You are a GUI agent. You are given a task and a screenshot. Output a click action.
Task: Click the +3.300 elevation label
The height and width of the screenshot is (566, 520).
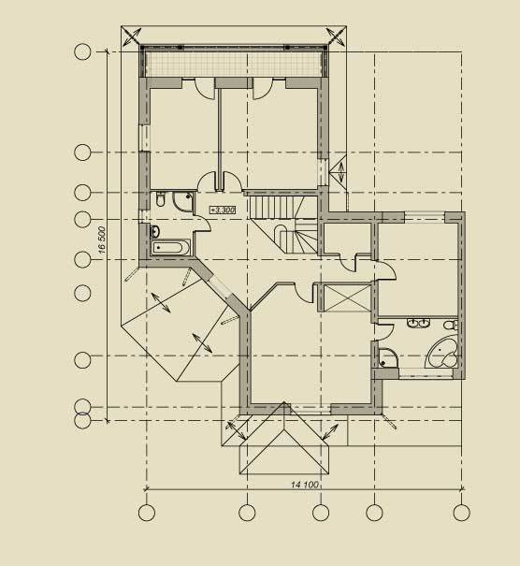(x=223, y=210)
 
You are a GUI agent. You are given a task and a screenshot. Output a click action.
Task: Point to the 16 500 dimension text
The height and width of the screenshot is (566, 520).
(x=102, y=239)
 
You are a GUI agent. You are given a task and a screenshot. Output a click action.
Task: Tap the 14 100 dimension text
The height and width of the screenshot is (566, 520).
(x=305, y=485)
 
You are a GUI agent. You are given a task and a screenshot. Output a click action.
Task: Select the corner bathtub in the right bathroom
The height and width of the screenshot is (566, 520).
(x=442, y=353)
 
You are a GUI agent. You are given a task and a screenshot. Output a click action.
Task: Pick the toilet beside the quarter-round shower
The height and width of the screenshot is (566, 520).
(x=161, y=199)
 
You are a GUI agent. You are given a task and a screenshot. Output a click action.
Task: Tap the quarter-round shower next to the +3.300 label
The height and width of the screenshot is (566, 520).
(x=183, y=201)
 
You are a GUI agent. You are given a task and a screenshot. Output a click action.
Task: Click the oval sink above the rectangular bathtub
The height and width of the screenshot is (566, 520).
(x=155, y=232)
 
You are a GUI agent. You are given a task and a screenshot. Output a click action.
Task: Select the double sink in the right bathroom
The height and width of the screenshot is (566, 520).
(x=419, y=323)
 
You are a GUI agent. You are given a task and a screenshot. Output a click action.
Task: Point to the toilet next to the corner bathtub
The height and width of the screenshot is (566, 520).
(x=451, y=325)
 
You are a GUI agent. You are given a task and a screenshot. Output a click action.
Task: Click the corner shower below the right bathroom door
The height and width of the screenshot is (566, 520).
(x=388, y=357)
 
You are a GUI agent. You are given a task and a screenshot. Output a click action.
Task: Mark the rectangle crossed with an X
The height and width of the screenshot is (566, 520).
(x=347, y=298)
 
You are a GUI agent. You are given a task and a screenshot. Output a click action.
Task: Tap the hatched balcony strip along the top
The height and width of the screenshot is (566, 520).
(x=234, y=65)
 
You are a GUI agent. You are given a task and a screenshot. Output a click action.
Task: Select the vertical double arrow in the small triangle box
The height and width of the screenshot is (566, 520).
(x=341, y=173)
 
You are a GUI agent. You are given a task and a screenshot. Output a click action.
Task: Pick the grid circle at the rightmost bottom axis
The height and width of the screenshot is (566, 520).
(x=461, y=513)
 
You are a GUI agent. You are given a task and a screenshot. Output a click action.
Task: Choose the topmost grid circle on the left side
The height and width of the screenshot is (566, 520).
(x=82, y=52)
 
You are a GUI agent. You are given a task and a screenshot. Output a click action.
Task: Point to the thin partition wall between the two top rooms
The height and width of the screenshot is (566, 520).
(x=219, y=138)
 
